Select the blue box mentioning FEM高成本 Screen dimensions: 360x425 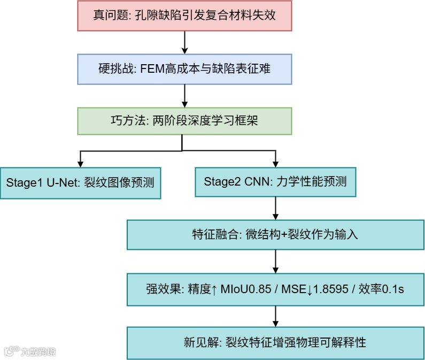(x=184, y=68)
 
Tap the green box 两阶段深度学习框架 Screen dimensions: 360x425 (x=184, y=121)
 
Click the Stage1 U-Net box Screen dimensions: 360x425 (x=80, y=182)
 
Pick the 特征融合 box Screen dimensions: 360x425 (x=275, y=235)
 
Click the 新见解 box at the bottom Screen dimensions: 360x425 (x=275, y=342)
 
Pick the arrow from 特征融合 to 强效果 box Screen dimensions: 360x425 (x=275, y=262)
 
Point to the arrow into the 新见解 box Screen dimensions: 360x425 (x=275, y=316)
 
